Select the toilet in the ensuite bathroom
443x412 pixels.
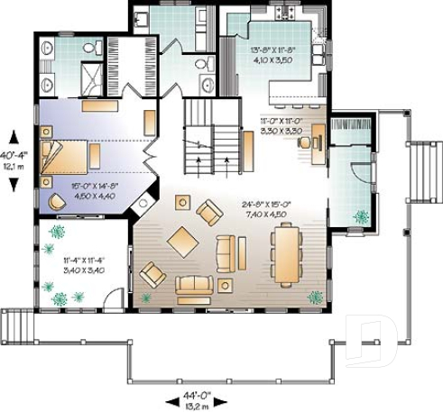pos(88,49)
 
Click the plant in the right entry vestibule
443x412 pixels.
pos(361,216)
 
